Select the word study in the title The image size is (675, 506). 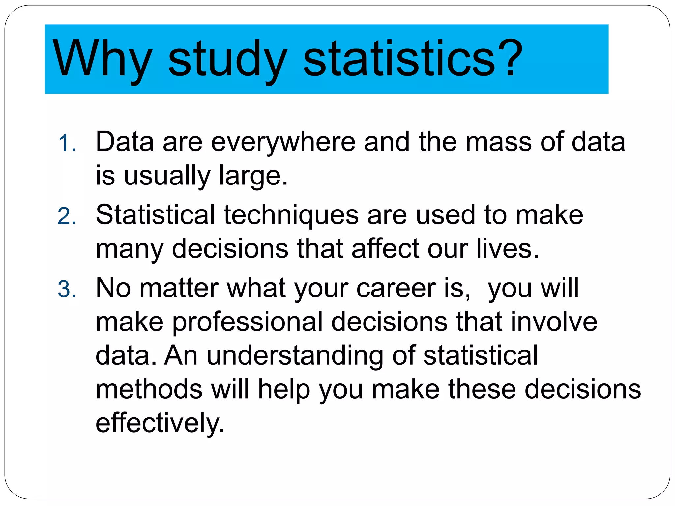click(x=227, y=59)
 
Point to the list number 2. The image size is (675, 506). click(x=67, y=217)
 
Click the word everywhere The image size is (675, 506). click(x=283, y=142)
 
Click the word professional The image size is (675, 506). click(x=247, y=322)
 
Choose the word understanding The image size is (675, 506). click(x=295, y=356)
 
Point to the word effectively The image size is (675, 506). click(x=160, y=423)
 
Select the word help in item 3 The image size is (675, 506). click(x=284, y=389)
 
